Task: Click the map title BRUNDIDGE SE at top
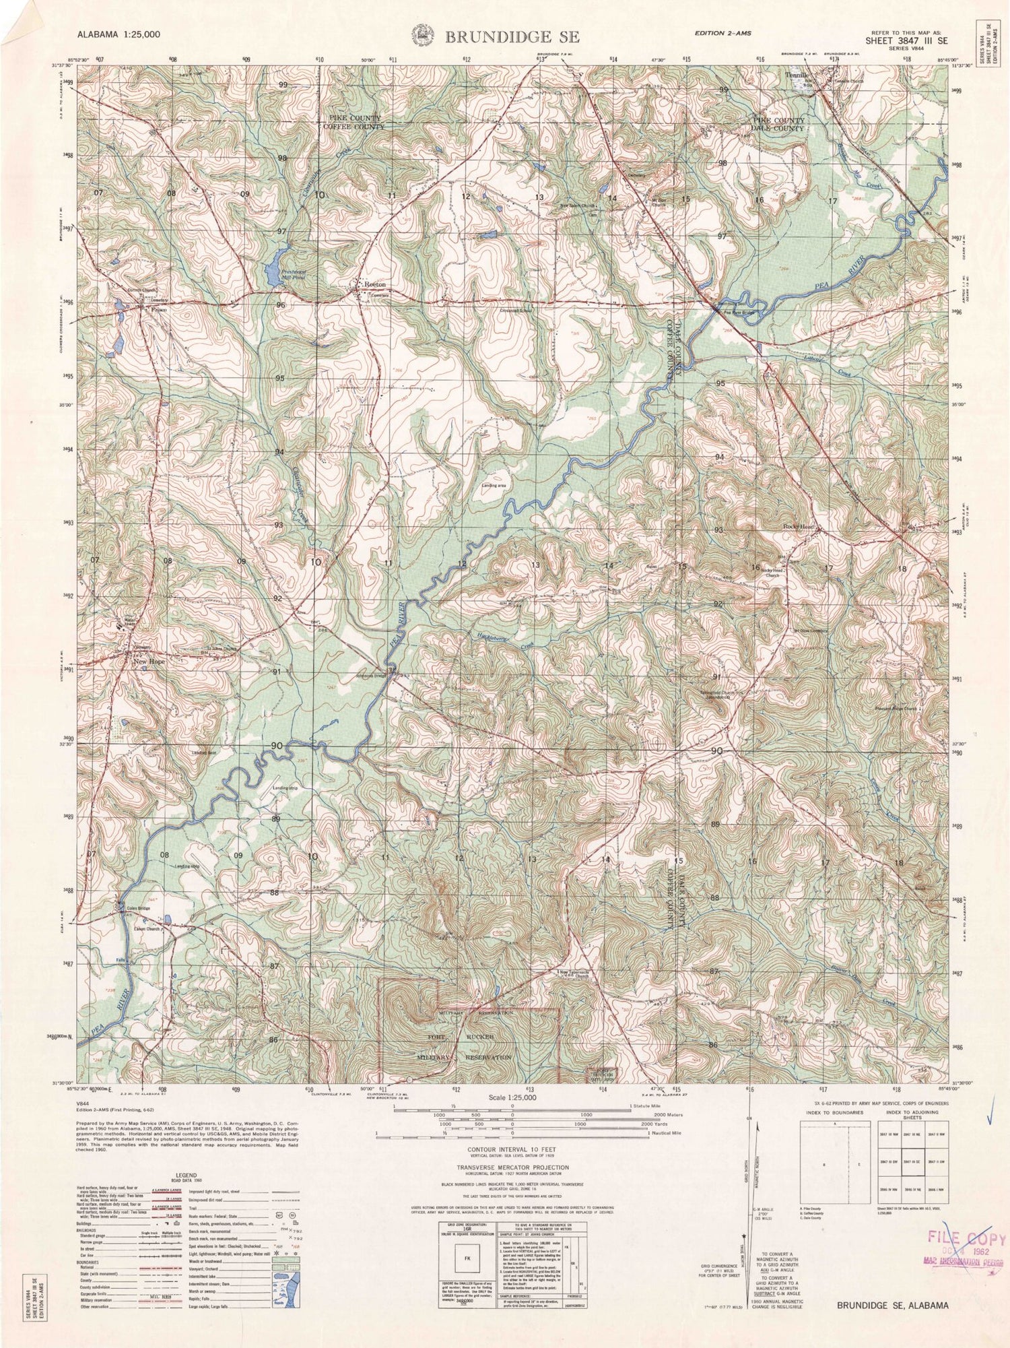click(511, 37)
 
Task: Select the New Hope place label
click(149, 662)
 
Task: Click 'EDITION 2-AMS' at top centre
click(724, 33)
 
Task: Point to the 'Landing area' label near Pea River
click(494, 485)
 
